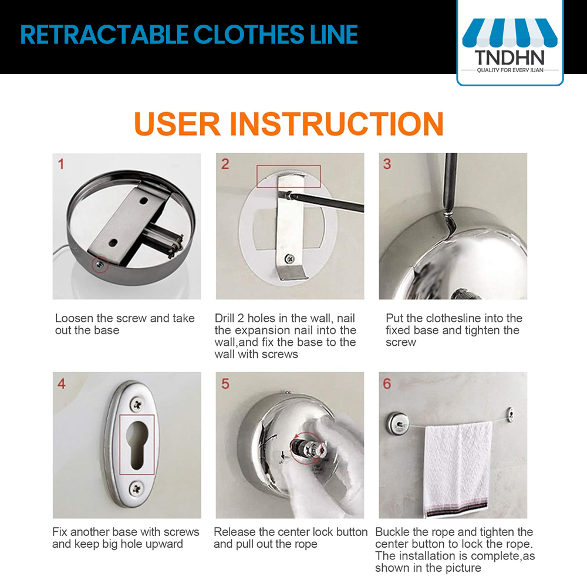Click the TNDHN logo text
510,58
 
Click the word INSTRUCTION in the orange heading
336,123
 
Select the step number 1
61,164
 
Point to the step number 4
62,383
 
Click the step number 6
387,383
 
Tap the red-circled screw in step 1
100,265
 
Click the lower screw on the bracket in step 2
289,258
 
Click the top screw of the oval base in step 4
137,404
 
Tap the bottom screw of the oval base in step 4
137,488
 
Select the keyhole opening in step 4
137,444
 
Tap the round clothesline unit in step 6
397,423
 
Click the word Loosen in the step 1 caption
74,318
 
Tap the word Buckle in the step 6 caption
393,532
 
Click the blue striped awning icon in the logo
510,32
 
